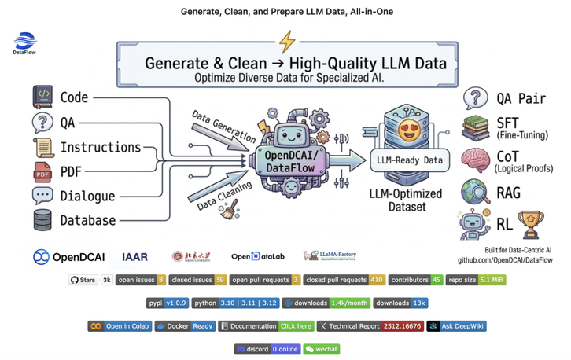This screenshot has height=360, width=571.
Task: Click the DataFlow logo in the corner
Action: [x=26, y=42]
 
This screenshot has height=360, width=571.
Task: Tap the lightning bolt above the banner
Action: [x=286, y=42]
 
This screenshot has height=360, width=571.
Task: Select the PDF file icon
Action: [x=42, y=171]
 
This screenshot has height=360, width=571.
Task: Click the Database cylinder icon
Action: [x=42, y=220]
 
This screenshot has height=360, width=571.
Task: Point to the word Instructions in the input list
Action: [x=101, y=147]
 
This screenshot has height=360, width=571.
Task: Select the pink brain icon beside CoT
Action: [x=477, y=161]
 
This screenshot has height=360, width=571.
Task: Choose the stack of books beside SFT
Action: [x=477, y=128]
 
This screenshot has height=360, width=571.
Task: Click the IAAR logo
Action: [x=134, y=257]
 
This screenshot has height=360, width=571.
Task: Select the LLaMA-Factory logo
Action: [x=330, y=256]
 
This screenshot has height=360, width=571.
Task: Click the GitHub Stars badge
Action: [x=91, y=279]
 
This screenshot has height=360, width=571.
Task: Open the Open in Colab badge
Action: [x=119, y=325]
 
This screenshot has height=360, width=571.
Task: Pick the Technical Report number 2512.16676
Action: [x=401, y=325]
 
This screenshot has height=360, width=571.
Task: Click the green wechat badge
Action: [x=321, y=348]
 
